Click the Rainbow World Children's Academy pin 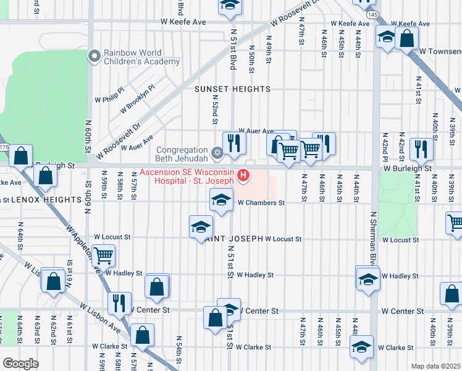(94, 57)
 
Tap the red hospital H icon (243, 176)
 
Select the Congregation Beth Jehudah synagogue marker (216, 152)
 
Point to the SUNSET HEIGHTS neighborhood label (232, 89)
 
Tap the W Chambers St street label (261, 202)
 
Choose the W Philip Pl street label (109, 98)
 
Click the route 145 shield (372, 14)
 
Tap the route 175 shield (3, 148)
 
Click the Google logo (21, 363)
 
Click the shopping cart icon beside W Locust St (104, 254)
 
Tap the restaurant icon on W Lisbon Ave (119, 302)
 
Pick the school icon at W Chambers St (221, 199)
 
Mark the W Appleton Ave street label (85, 250)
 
